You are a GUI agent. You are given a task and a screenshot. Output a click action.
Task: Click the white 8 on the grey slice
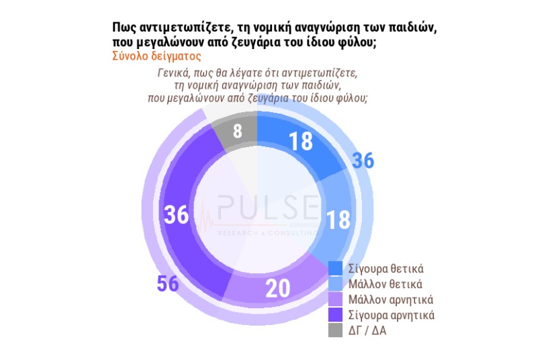237,130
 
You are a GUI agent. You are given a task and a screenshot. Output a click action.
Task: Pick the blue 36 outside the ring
363,161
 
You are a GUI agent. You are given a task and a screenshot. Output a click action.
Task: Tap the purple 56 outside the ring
167,283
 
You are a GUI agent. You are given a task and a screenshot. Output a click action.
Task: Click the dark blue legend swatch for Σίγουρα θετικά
336,269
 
